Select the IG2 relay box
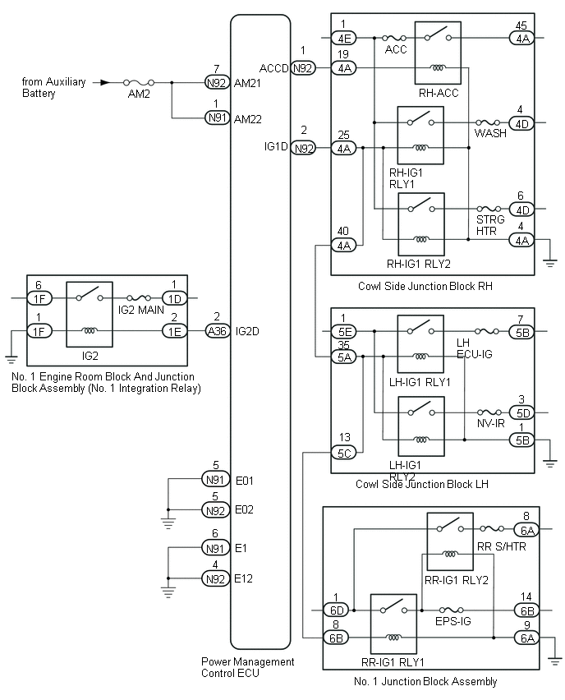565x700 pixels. pos(90,315)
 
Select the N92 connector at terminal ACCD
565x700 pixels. pos(304,69)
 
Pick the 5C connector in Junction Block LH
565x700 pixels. pos(343,452)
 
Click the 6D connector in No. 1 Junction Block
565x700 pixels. pos(336,610)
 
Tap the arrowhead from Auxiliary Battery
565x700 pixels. pos(103,82)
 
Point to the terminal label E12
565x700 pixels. pos(244,578)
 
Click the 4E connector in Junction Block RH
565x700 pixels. pos(343,38)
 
